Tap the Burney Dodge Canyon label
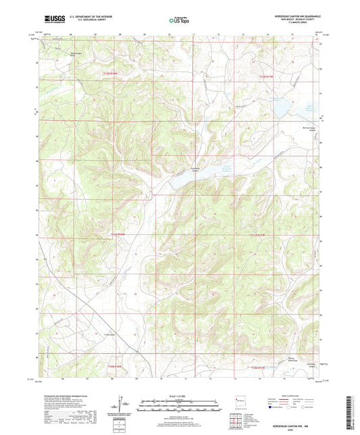tap(308, 129)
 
